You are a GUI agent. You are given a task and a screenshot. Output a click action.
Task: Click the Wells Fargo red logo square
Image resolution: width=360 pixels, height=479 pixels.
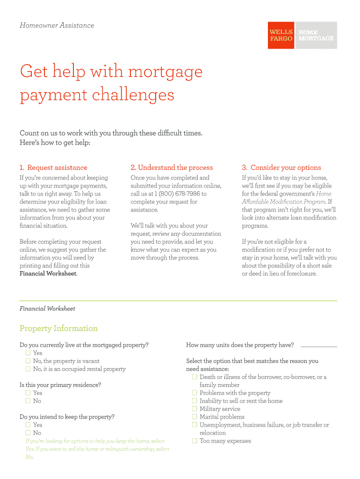click(x=281, y=35)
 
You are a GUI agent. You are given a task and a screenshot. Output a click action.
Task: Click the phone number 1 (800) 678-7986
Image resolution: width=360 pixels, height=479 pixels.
click(x=177, y=194)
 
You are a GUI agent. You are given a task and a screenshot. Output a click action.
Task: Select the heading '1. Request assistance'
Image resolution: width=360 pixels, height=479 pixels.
click(x=53, y=167)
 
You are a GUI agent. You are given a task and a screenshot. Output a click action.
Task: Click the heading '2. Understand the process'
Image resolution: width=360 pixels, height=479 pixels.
click(x=172, y=167)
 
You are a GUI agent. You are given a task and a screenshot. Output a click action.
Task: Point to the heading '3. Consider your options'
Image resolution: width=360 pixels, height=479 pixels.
click(x=281, y=167)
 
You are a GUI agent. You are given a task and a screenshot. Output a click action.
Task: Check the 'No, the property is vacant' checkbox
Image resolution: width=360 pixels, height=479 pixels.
click(x=28, y=361)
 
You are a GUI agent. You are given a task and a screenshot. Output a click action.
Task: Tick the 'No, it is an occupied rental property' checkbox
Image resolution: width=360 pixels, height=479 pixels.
click(x=28, y=369)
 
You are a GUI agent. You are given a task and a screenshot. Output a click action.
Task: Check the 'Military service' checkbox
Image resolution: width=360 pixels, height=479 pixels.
click(x=194, y=409)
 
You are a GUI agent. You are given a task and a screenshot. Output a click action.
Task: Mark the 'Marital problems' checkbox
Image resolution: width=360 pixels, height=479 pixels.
click(x=194, y=417)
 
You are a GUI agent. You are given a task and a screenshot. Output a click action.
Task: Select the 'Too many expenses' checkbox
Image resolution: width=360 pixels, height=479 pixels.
click(x=194, y=441)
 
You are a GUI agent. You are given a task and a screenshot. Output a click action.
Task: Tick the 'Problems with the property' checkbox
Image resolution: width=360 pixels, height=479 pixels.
click(x=194, y=393)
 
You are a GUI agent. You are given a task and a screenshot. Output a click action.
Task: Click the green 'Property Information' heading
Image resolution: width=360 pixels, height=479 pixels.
click(x=58, y=328)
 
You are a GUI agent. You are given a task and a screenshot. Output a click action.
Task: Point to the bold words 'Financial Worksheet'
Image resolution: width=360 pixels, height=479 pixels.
click(x=48, y=274)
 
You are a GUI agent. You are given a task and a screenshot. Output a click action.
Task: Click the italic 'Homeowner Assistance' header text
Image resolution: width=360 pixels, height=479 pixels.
click(x=57, y=25)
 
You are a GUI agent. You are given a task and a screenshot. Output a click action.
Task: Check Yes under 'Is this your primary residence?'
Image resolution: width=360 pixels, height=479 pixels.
click(x=28, y=393)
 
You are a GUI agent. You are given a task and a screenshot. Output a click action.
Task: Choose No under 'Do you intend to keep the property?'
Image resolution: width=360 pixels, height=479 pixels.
click(x=28, y=433)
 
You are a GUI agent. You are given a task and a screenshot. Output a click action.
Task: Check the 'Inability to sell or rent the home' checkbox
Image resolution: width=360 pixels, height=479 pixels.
click(x=194, y=401)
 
